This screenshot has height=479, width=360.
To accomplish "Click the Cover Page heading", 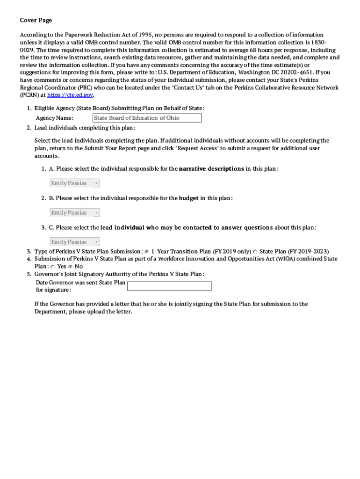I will pyautogui.click(x=36, y=20).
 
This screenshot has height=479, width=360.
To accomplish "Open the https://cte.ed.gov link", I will pyautogui.click(x=70, y=95).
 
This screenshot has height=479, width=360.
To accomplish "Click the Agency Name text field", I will pyautogui.click(x=147, y=118).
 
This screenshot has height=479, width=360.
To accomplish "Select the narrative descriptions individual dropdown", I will pyautogui.click(x=75, y=183).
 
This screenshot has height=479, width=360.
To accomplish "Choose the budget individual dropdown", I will pyautogui.click(x=75, y=213).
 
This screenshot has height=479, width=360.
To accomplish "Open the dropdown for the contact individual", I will pyautogui.click(x=75, y=242).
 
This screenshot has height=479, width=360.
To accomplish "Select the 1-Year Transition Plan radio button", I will pyautogui.click(x=146, y=252).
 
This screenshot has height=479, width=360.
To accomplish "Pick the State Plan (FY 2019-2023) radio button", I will pyautogui.click(x=255, y=252).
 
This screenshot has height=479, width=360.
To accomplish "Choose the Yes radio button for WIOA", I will pyautogui.click(x=53, y=267).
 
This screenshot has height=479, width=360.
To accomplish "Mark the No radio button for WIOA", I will pyautogui.click(x=71, y=267).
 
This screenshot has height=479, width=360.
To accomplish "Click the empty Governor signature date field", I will pyautogui.click(x=169, y=286).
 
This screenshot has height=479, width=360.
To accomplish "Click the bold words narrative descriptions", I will pyautogui.click(x=211, y=168).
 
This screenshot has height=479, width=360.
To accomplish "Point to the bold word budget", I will pyautogui.click(x=189, y=198).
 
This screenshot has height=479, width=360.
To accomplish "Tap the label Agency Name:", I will pyautogui.click(x=55, y=118).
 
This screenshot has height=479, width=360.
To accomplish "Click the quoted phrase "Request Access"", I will pyautogui.click(x=197, y=148).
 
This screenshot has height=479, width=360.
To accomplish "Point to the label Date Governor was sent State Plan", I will pyautogui.click(x=80, y=283).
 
